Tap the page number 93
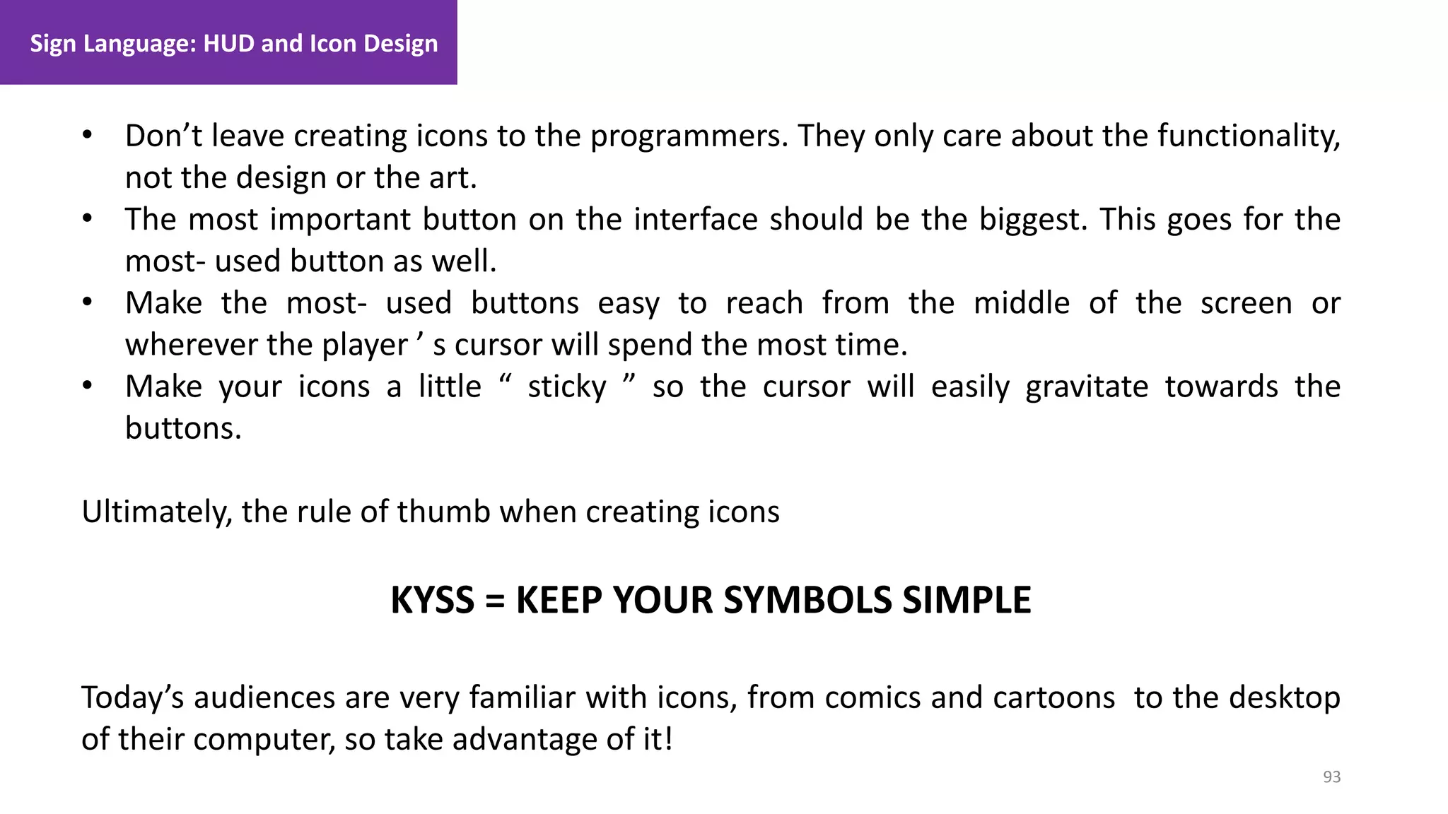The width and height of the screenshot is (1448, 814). (1331, 777)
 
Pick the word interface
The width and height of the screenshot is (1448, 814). (695, 220)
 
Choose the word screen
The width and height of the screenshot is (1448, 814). (1246, 303)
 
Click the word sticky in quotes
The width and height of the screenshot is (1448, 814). (567, 387)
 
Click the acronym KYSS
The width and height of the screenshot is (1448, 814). (432, 601)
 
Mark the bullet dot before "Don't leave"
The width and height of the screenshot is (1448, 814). (87, 135)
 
